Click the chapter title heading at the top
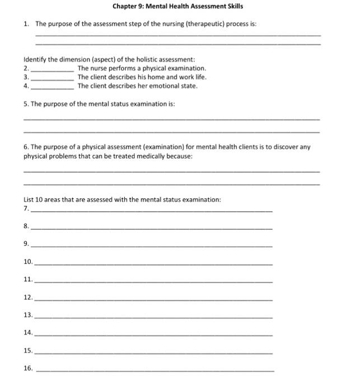(177, 6)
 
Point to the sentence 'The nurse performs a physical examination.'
(142, 68)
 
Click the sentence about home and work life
(142, 77)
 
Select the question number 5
(26, 104)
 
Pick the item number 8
(26, 226)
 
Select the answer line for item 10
(153, 264)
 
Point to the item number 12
(28, 297)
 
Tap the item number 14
(28, 333)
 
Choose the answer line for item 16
(155, 371)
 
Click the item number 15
(28, 351)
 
